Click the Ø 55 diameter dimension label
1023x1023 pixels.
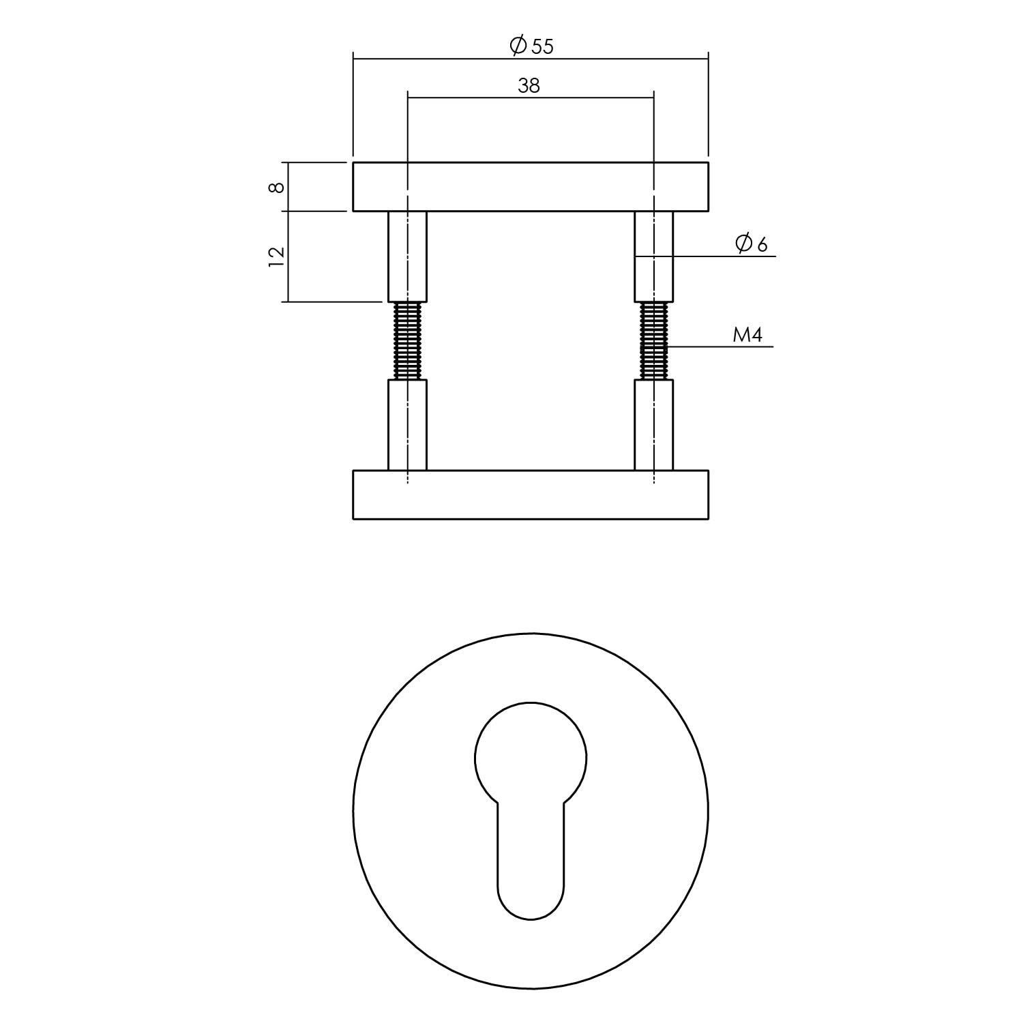click(x=531, y=46)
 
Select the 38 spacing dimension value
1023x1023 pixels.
click(x=529, y=85)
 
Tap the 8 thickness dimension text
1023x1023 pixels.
click(x=276, y=187)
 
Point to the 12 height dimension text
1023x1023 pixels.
click(x=276, y=256)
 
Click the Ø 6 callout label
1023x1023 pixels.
click(x=752, y=243)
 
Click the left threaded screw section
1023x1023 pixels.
click(x=407, y=340)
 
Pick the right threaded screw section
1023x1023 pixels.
click(x=653, y=340)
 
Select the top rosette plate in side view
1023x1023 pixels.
click(x=530, y=187)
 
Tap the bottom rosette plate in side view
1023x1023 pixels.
click(x=530, y=494)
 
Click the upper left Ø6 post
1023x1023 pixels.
click(x=407, y=256)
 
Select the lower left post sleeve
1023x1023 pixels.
click(x=407, y=425)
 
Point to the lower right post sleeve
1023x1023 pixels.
click(x=653, y=425)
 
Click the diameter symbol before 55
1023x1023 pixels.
click(x=518, y=46)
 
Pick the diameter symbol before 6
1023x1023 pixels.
click(x=743, y=243)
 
